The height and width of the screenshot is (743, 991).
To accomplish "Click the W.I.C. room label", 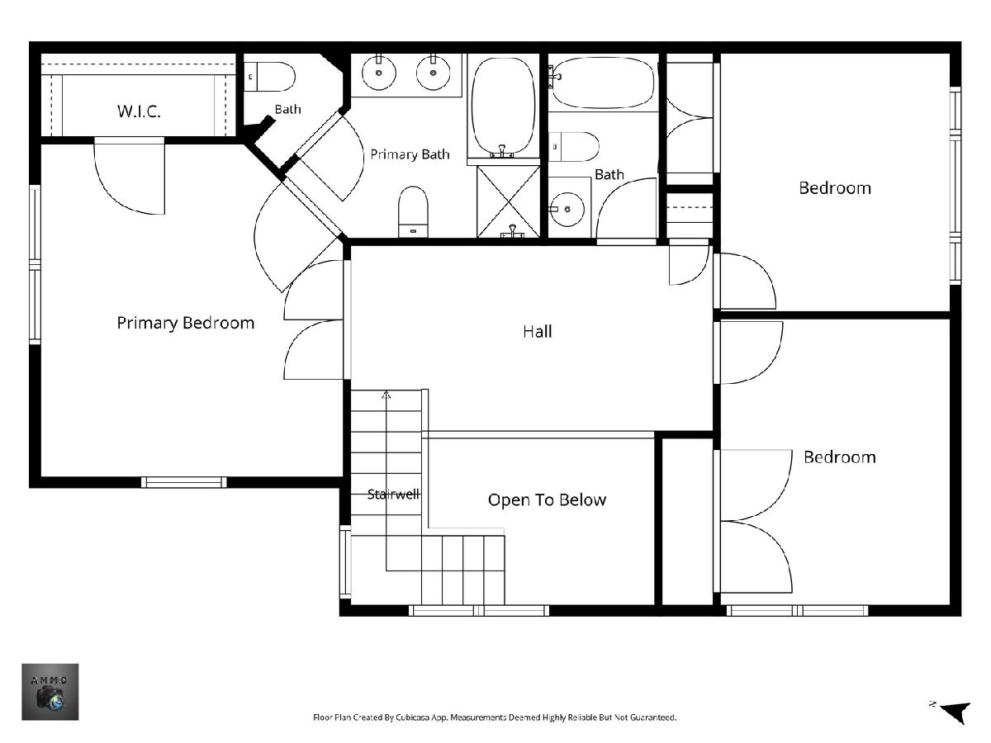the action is pyautogui.click(x=139, y=111).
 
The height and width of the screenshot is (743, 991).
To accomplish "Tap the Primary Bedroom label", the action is pyautogui.click(x=186, y=323).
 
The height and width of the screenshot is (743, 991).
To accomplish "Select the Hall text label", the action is pyautogui.click(x=538, y=332).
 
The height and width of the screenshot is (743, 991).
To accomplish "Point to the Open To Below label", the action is pyautogui.click(x=547, y=499).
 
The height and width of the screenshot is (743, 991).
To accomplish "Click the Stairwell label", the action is pyautogui.click(x=394, y=495).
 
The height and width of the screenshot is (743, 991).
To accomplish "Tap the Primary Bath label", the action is pyautogui.click(x=410, y=154).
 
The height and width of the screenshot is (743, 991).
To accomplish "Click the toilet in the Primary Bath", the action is pyautogui.click(x=413, y=211).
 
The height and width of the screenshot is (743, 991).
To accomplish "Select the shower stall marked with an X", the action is pyautogui.click(x=509, y=201).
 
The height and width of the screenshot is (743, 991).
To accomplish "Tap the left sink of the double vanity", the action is pyautogui.click(x=379, y=72).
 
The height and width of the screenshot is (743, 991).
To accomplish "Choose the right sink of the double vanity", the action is pyautogui.click(x=433, y=72).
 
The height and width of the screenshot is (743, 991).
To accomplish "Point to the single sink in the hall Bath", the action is pyautogui.click(x=567, y=209).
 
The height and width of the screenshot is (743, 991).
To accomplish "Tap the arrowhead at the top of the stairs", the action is pyautogui.click(x=386, y=395).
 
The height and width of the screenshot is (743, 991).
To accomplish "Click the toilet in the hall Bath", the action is pyautogui.click(x=574, y=147).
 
